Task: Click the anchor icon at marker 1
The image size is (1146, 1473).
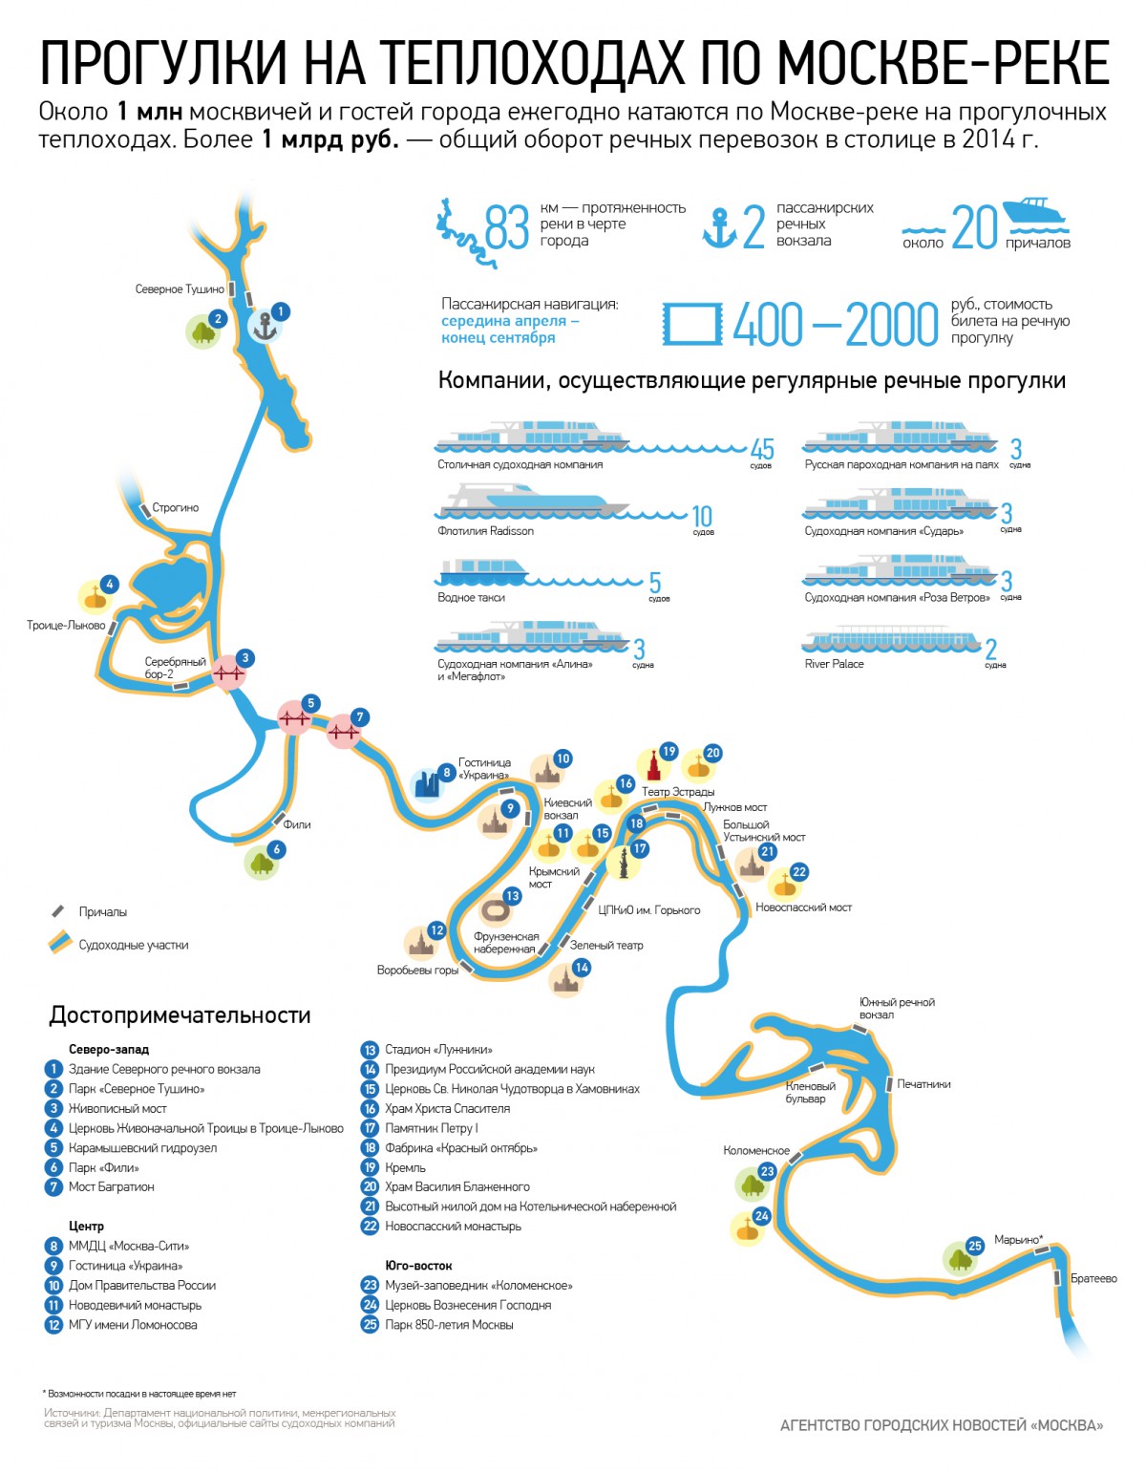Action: pos(264,327)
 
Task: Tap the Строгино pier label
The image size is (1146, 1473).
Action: pos(176,508)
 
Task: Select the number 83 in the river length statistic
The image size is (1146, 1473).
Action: pos(506,226)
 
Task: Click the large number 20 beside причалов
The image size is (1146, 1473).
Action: pos(974,227)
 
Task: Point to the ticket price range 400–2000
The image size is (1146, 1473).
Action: pos(836,325)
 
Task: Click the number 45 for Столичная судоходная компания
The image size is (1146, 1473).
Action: pos(762,448)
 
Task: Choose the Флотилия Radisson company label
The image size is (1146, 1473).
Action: pos(485,531)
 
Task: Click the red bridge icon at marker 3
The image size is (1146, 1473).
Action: pos(228,673)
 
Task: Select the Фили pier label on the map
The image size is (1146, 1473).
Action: pos(297,824)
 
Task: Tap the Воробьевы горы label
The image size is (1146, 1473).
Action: pos(417,971)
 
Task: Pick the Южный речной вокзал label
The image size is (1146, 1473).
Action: pos(897,1008)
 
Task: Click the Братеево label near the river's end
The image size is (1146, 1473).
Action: pos(1093,1278)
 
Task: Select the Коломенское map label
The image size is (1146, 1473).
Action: pos(756,1151)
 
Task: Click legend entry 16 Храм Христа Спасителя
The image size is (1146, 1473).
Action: pos(447,1109)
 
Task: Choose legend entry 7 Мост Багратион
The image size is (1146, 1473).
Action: pos(111,1187)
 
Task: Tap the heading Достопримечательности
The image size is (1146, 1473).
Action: pos(180,1015)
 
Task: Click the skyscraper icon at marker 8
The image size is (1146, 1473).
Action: pos(428,784)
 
